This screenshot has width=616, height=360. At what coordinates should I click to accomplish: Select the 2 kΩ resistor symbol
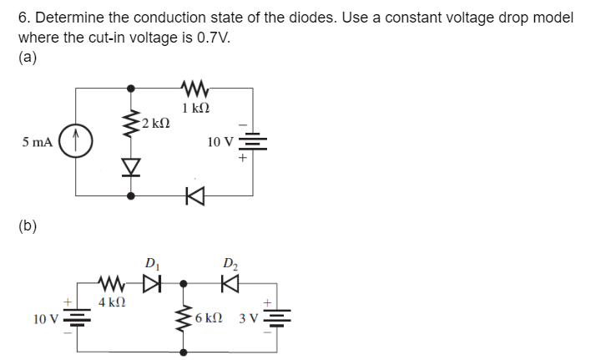point(129,127)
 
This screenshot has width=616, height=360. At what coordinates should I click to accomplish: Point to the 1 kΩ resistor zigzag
point(194,87)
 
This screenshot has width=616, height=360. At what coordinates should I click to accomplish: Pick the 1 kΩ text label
point(194,107)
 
